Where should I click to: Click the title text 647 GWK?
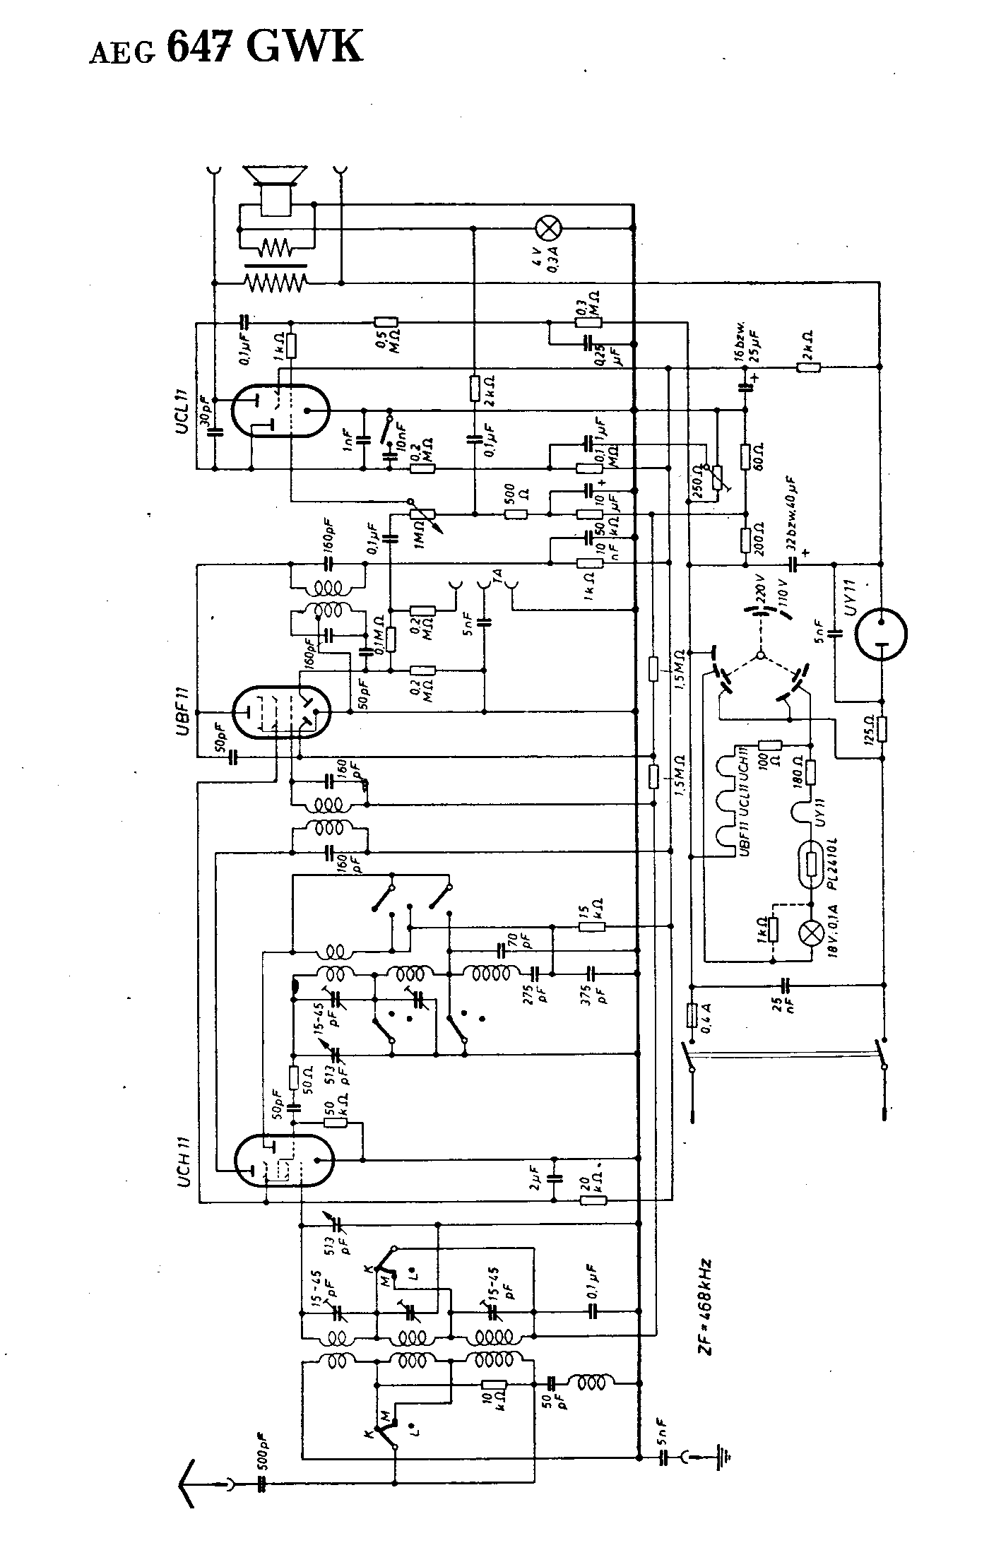point(265,47)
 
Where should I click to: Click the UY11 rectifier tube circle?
point(880,634)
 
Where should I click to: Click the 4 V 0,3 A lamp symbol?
point(547,228)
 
